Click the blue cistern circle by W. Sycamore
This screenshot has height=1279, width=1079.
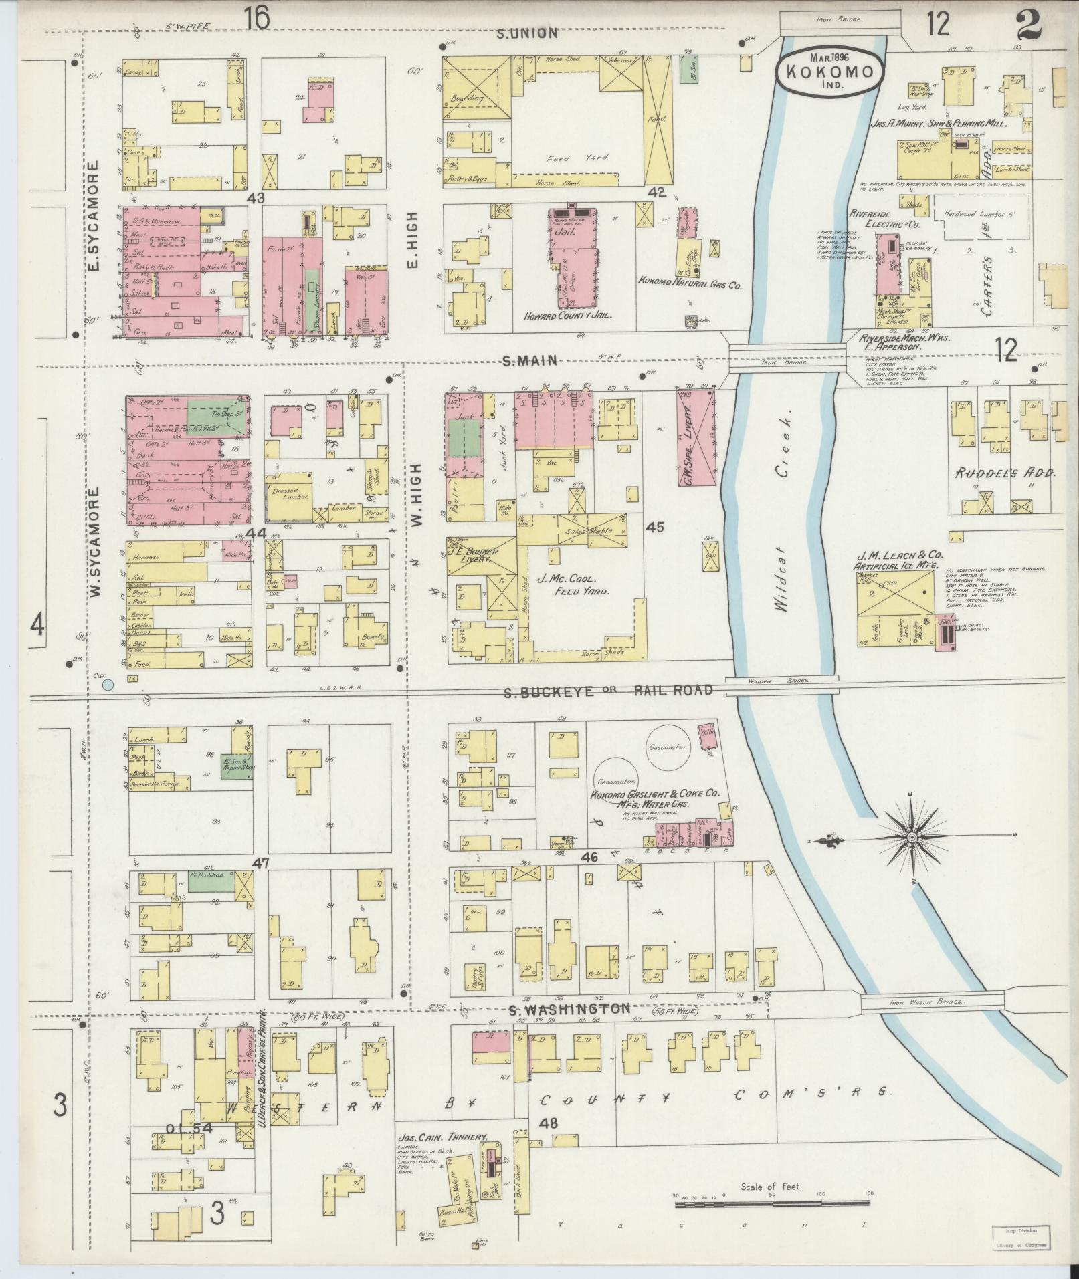[107, 684]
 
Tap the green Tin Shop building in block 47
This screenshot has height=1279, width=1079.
[211, 881]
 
